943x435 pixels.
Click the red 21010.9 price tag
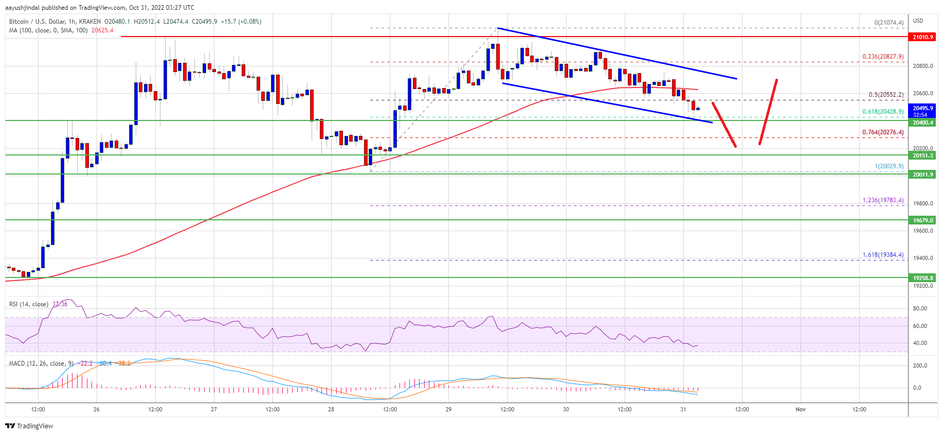click(x=922, y=37)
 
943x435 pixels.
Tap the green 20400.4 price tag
click(x=922, y=123)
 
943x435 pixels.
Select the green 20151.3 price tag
click(x=922, y=155)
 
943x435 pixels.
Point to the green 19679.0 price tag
click(x=922, y=220)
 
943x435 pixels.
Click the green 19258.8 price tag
click(x=922, y=278)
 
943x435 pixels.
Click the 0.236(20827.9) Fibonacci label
click(x=883, y=57)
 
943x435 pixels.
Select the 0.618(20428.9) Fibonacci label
click(x=883, y=112)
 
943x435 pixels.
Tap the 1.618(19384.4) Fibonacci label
click(x=883, y=255)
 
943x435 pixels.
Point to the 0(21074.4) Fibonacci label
click(x=888, y=23)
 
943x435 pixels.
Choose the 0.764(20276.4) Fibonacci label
click(x=883, y=132)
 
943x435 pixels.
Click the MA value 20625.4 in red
click(x=102, y=30)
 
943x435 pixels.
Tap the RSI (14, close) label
click(x=29, y=304)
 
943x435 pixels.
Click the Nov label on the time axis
click(x=801, y=409)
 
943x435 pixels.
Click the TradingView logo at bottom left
click(x=29, y=426)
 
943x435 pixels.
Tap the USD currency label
click(x=918, y=21)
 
